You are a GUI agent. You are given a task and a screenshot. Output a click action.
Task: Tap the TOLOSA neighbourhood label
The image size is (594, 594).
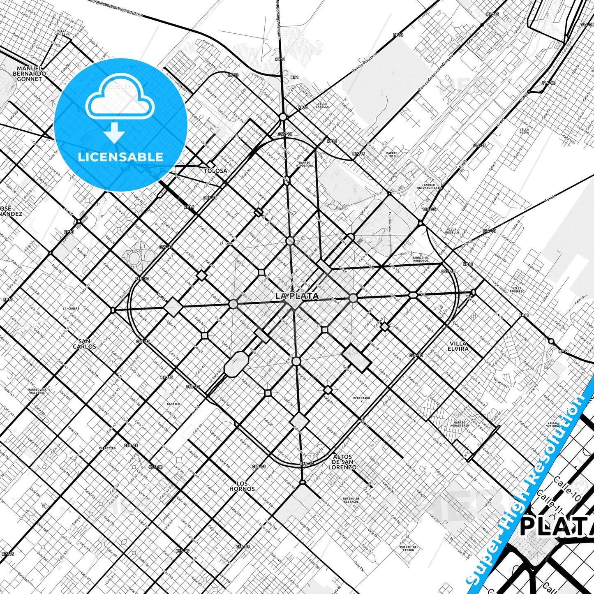click(215, 171)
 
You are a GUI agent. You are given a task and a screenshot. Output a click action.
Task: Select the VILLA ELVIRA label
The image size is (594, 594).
click(458, 346)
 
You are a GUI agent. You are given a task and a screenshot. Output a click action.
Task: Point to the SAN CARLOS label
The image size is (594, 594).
click(85, 344)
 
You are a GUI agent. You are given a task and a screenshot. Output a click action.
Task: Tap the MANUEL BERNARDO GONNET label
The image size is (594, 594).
click(30, 74)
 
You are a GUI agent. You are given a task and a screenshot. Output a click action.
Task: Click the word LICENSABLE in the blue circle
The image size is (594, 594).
click(120, 157)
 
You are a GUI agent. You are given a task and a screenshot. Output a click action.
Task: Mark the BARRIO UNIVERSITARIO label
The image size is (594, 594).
click(429, 187)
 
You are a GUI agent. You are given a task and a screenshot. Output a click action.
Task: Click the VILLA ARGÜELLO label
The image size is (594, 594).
click(451, 231)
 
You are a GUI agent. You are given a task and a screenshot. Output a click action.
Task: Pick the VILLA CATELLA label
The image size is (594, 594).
click(323, 105)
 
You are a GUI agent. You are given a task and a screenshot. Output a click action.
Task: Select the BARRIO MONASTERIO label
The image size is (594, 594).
click(460, 424)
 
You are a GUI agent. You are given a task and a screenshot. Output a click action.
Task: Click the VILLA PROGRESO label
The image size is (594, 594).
click(517, 290)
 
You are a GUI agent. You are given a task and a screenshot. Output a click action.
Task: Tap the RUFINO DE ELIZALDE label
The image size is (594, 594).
click(351, 500)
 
